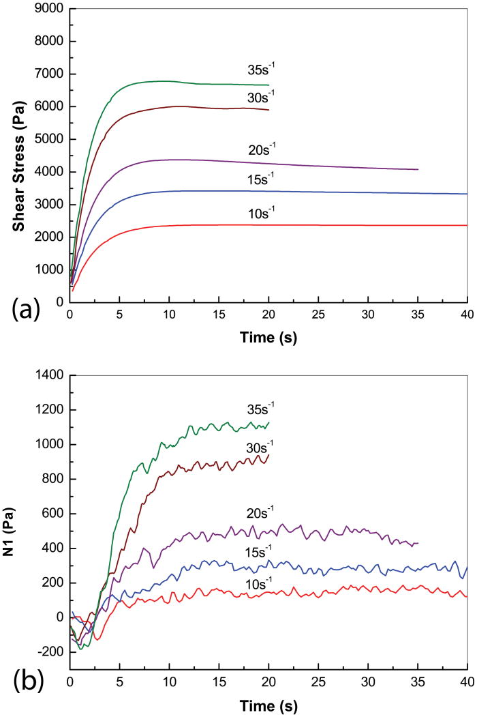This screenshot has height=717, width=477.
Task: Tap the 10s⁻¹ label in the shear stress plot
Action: coord(262,213)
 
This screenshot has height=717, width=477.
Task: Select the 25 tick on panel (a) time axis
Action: coord(318,316)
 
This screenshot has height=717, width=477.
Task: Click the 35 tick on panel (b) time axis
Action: coord(418,683)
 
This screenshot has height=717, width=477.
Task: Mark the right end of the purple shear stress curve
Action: coord(418,169)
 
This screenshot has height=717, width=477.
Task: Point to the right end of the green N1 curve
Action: coord(269,422)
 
